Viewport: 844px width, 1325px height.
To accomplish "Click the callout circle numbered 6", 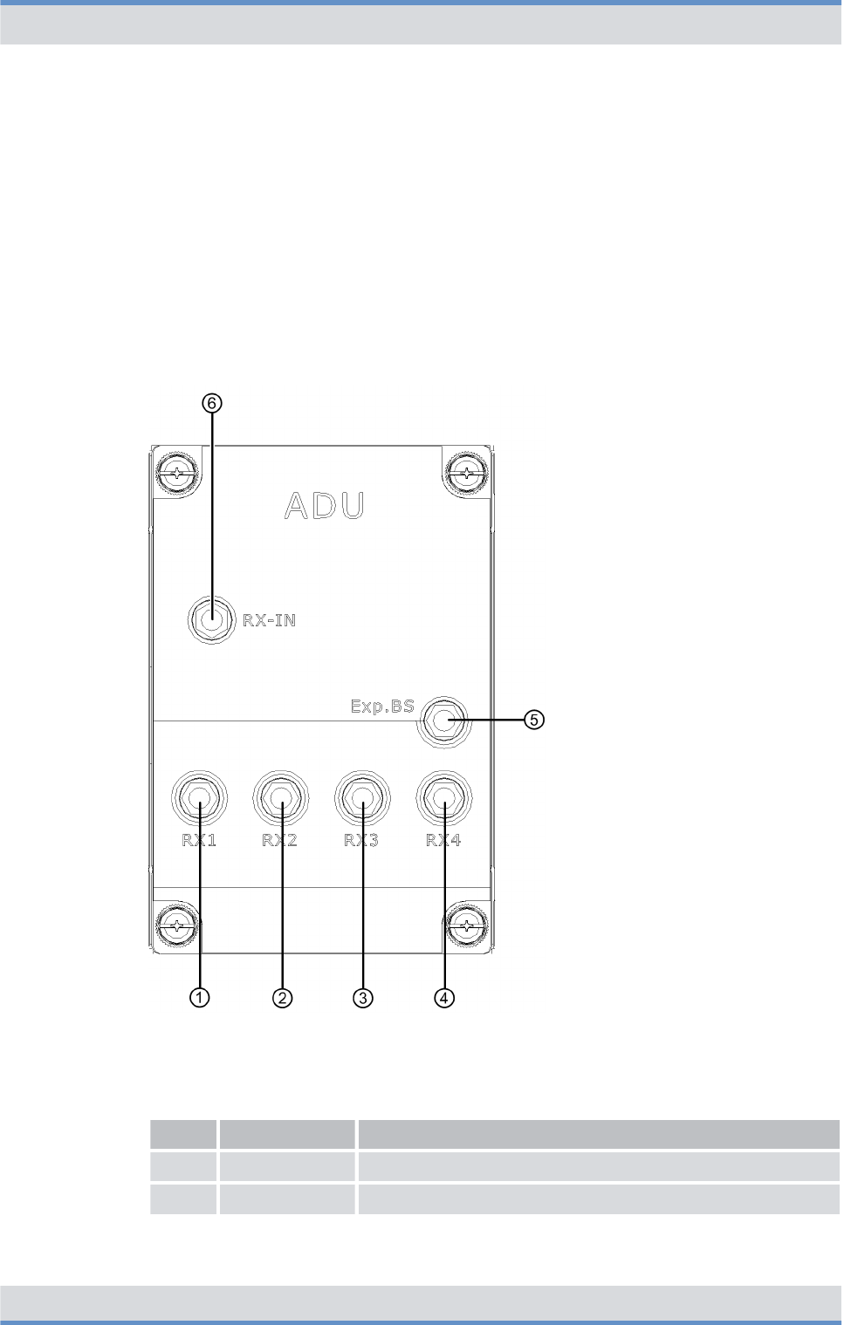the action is pos(212,403).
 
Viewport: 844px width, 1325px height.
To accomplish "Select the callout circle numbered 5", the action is pos(534,720).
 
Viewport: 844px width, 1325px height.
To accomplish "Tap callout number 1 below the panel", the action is pos(200,997).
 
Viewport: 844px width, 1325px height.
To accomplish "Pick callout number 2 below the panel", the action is pos(282,997).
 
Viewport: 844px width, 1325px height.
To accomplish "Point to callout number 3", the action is pos(363,997).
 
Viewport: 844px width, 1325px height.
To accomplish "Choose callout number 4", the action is pos(444,997).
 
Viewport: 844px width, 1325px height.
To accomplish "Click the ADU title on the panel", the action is pos(325,506).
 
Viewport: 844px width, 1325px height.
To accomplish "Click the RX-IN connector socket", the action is pos(211,620).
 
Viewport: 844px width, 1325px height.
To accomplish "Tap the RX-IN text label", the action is pos(270,620).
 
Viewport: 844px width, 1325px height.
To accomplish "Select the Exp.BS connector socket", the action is pos(443,721).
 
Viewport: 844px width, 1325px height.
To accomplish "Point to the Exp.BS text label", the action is pos(382,706).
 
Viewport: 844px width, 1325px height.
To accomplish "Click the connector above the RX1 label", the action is pos(200,797).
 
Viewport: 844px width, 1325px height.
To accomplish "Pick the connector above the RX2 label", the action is pos(281,797).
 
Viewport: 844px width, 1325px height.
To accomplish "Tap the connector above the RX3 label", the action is pos(362,797).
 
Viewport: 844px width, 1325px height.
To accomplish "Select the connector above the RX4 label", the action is pos(444,797).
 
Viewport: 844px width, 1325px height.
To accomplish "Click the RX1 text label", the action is pos(199,840).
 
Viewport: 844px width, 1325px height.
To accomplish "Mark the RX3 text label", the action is pos(361,840).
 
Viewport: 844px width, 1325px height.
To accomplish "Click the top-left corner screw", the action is pos(177,474).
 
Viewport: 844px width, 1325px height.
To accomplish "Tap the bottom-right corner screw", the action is pos(468,925).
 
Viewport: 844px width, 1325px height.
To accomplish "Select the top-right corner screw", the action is pos(468,474).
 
